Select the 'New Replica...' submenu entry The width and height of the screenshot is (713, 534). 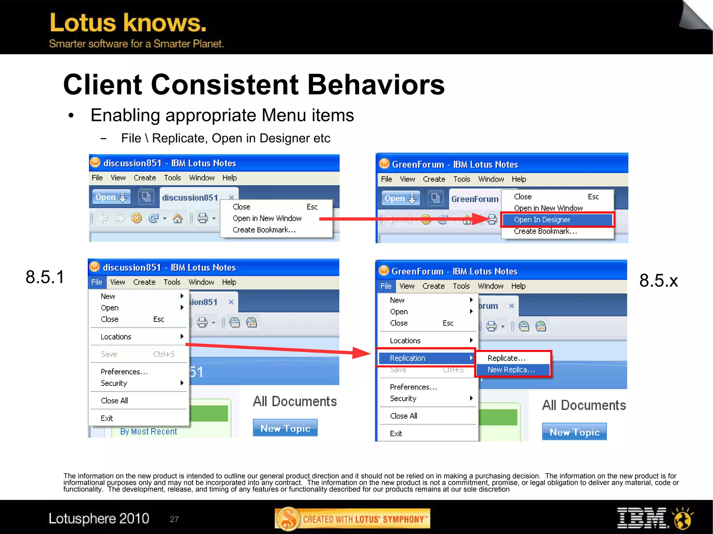511,369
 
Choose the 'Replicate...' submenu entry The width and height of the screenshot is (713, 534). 506,358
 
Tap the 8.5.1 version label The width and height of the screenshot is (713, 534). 45,277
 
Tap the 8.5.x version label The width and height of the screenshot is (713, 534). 658,280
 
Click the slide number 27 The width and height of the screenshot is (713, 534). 174,519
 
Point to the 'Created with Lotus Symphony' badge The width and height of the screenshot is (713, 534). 352,519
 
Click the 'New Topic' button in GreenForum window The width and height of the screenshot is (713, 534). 574,432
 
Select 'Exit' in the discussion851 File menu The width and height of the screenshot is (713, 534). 107,418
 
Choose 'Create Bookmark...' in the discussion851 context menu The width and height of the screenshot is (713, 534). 264,230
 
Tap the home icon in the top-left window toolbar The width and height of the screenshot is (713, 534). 178,218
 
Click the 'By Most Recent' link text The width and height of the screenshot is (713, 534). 148,431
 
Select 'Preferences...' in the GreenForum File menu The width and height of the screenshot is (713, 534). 413,387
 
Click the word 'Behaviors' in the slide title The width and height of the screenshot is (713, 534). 376,85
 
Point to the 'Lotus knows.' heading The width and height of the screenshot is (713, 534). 128,23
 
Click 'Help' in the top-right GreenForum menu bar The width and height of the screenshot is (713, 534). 519,179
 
